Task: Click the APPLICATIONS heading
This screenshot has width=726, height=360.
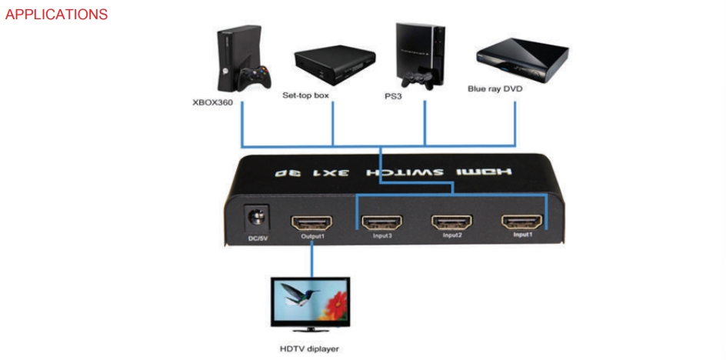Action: pos(56,15)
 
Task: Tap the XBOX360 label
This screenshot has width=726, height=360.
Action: pos(212,102)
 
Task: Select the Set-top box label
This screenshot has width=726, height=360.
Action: pos(305,95)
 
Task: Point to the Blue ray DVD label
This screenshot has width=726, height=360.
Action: pos(495,88)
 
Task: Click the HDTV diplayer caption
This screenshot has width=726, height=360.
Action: pos(310,348)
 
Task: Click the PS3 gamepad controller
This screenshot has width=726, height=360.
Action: pos(418,78)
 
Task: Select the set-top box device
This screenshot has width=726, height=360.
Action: pos(335,65)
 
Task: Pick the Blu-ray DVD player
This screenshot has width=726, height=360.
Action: pos(522,59)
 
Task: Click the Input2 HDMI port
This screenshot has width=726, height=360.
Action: pos(452,223)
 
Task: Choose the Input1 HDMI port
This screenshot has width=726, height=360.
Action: pos(522,223)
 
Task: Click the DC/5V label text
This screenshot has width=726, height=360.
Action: pos(257,239)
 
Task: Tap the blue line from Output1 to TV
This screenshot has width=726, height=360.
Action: pos(311,261)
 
